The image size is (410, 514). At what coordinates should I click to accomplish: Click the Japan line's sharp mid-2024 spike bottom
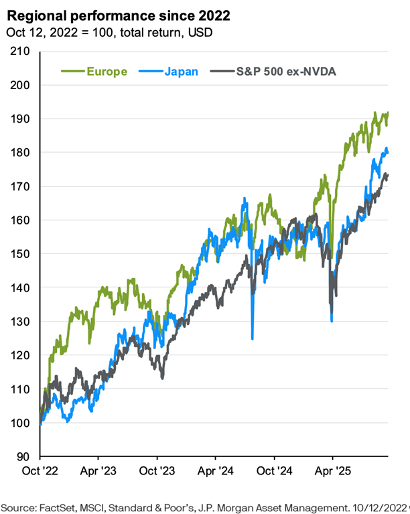(252, 338)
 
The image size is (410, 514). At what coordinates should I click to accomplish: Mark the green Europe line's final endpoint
(388, 113)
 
